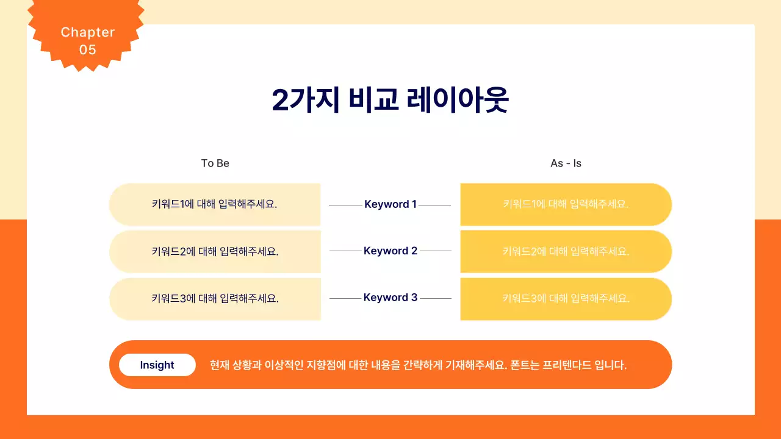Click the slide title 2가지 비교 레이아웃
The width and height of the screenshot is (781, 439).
[390, 101]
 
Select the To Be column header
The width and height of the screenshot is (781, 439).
[215, 163]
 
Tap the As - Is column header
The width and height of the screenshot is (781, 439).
[566, 163]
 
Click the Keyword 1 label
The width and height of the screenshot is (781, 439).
[390, 204]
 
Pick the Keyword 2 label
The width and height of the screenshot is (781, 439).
[390, 251]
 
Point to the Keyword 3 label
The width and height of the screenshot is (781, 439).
[390, 298]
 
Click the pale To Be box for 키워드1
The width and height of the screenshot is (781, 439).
[215, 204]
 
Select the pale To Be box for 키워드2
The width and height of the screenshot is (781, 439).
[215, 251]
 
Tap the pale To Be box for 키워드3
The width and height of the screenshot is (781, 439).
[215, 299]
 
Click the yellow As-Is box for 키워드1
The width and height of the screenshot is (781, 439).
[566, 204]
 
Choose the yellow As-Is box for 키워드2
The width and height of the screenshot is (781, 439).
[566, 251]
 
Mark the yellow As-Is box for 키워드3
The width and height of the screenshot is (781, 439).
[566, 299]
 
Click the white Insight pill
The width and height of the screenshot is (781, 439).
[157, 365]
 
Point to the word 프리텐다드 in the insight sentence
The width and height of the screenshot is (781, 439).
[566, 365]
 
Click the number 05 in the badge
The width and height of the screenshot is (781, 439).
[88, 50]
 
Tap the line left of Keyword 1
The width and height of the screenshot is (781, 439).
[345, 205]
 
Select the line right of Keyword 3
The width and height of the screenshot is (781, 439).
[436, 298]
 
